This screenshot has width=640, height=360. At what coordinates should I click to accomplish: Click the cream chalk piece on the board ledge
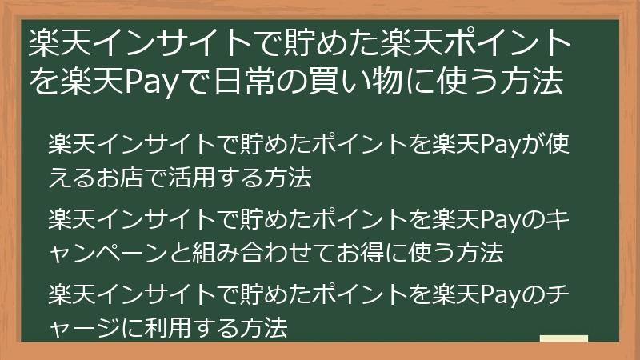(x=564, y=338)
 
